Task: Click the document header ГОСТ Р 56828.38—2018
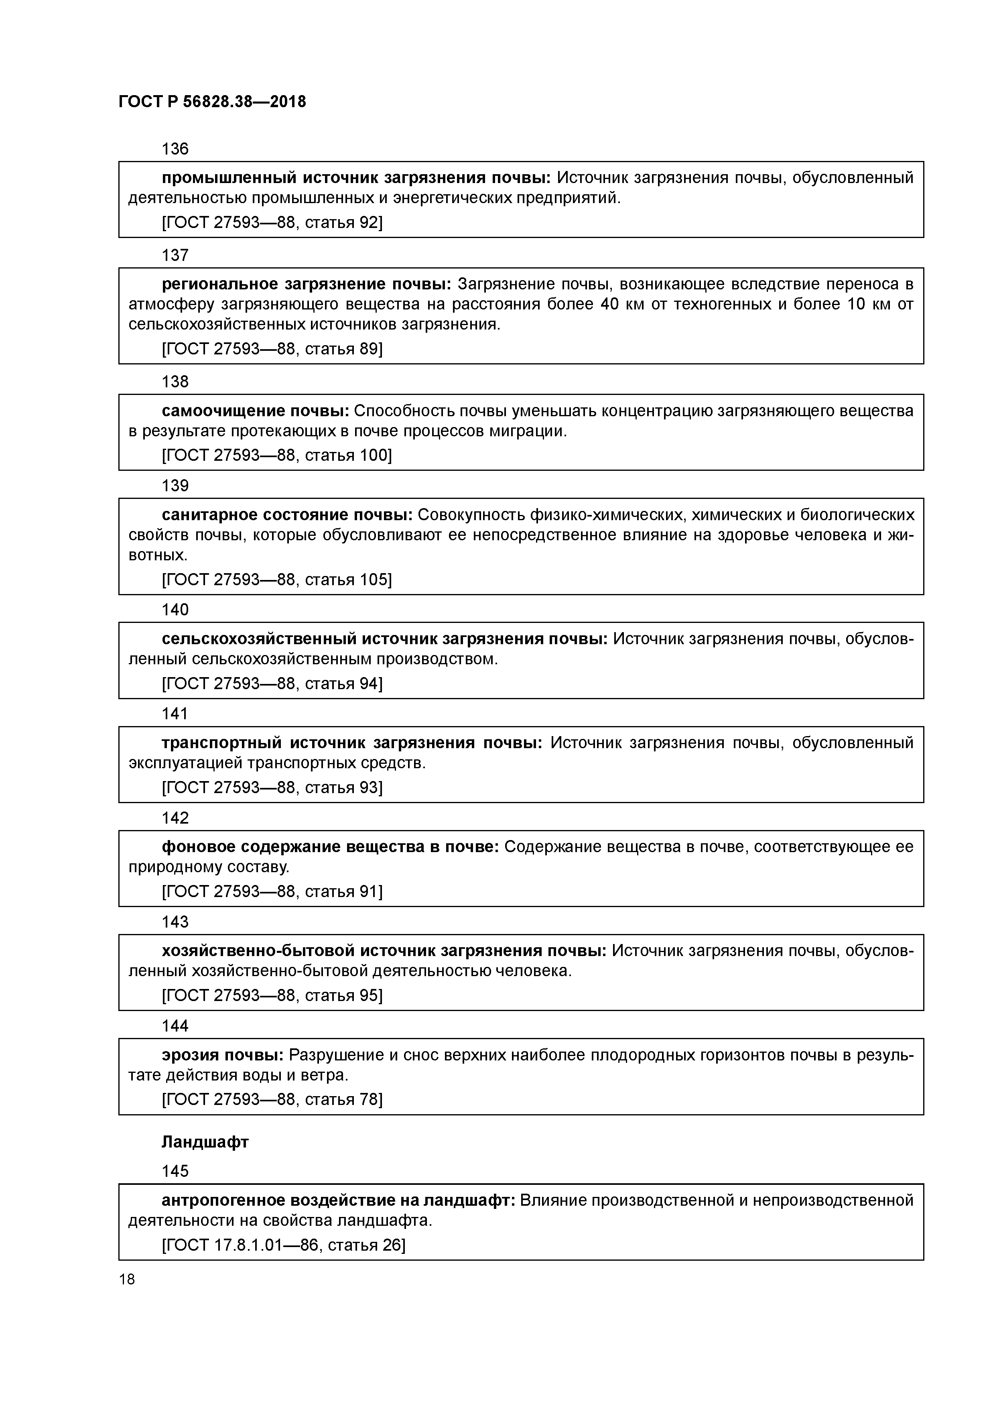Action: pos(212,102)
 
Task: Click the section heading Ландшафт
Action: pos(205,1142)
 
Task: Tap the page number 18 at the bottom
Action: pos(127,1279)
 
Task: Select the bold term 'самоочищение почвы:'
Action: pos(255,411)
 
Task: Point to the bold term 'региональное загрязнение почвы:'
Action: pos(306,284)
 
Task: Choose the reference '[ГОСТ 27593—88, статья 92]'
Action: pos(272,223)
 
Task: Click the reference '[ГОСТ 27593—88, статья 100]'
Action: pos(276,455)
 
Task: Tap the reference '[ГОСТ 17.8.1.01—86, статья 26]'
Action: pos(283,1245)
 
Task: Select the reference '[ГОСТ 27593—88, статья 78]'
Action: pos(272,1099)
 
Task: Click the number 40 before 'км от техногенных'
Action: pos(609,304)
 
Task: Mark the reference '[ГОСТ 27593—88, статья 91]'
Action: pos(272,891)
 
